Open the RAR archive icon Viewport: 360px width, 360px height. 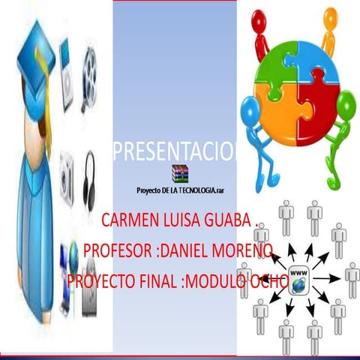[178, 172]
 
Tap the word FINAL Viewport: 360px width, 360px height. [155, 281]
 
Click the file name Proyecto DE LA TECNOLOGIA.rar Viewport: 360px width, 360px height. [179, 192]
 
